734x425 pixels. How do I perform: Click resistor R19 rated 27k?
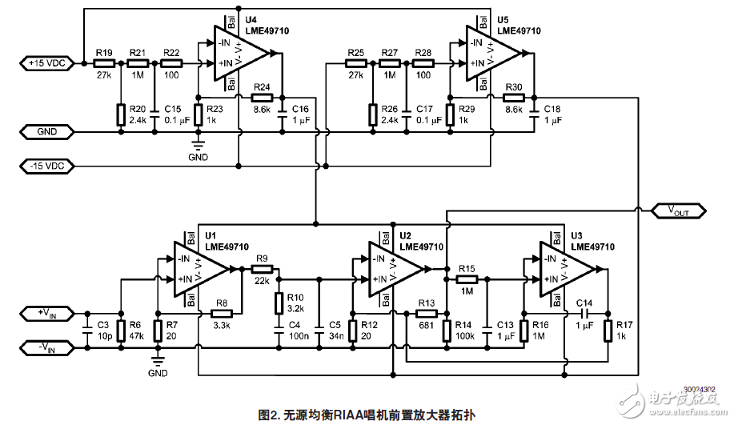(x=103, y=62)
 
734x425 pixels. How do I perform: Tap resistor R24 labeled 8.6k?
(x=262, y=97)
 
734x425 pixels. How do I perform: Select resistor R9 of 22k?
(x=260, y=270)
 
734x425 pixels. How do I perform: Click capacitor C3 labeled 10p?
(x=86, y=331)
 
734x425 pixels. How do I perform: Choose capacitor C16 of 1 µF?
(x=283, y=117)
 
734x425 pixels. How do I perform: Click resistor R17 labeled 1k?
(x=608, y=330)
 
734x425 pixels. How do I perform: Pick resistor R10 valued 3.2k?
(x=279, y=303)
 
